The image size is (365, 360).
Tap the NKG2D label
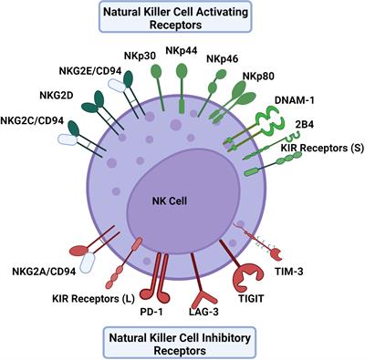[61, 93]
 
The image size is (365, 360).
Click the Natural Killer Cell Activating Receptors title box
[182, 16]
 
